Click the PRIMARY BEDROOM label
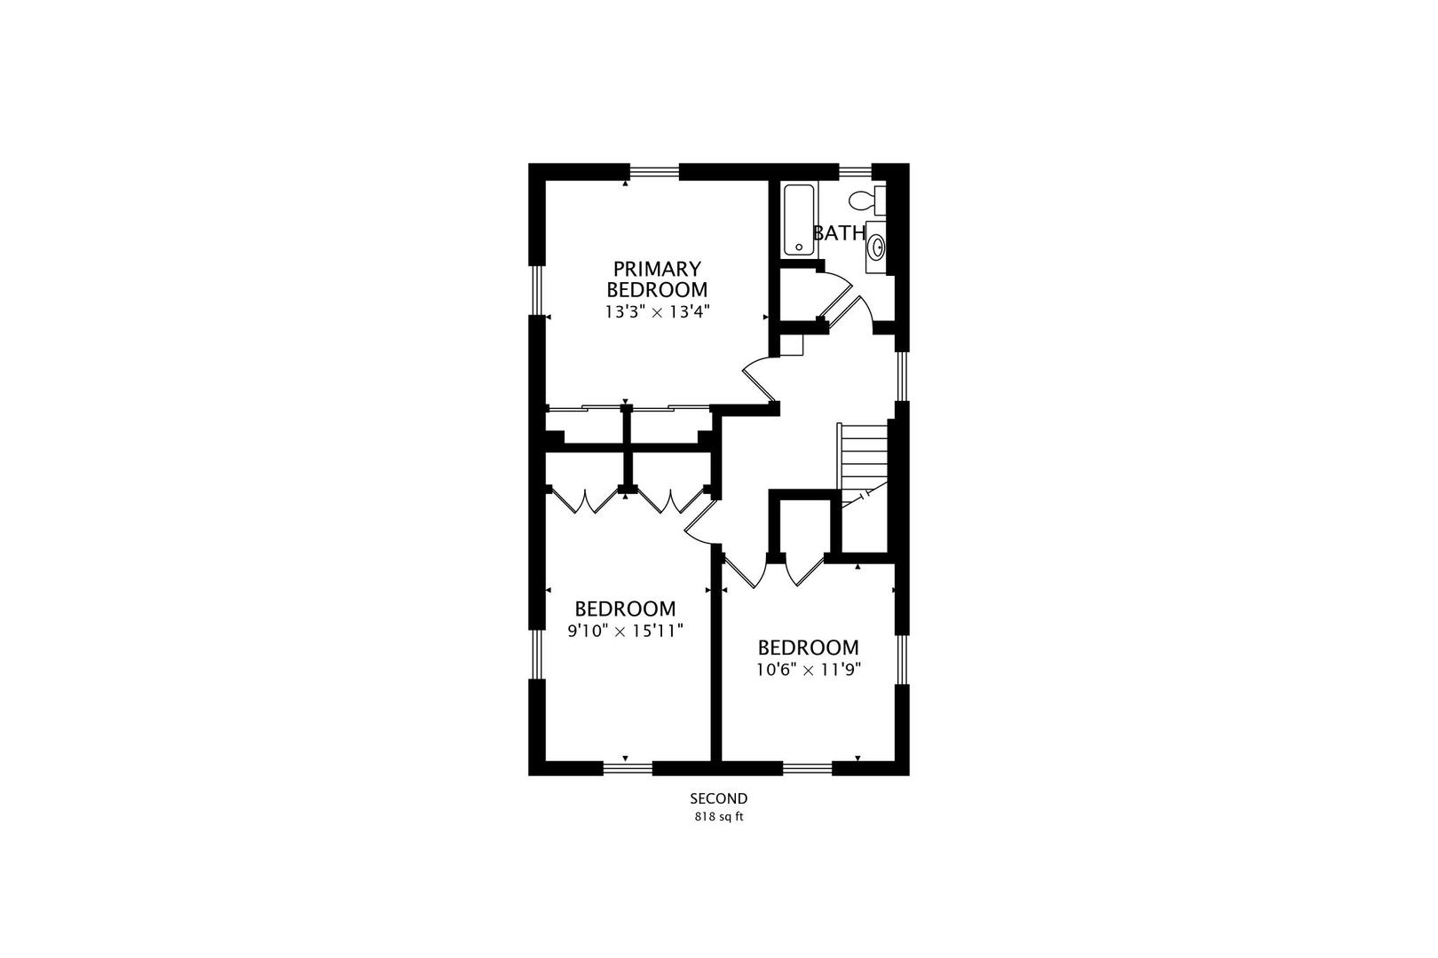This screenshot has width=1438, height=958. pyautogui.click(x=657, y=279)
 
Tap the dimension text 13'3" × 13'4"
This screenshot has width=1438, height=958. pyautogui.click(x=657, y=312)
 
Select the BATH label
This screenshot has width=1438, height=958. pyautogui.click(x=840, y=233)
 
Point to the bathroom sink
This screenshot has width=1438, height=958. pyautogui.click(x=876, y=246)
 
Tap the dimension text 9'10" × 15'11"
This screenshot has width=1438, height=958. pyautogui.click(x=625, y=631)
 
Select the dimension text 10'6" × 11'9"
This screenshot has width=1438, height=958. pyautogui.click(x=809, y=670)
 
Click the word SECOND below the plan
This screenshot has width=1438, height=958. pyautogui.click(x=719, y=798)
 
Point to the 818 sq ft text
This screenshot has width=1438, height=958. pyautogui.click(x=719, y=817)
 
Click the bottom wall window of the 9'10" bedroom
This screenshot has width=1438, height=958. pyautogui.click(x=628, y=768)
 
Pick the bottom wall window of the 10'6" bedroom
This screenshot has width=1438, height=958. pyautogui.click(x=808, y=768)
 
